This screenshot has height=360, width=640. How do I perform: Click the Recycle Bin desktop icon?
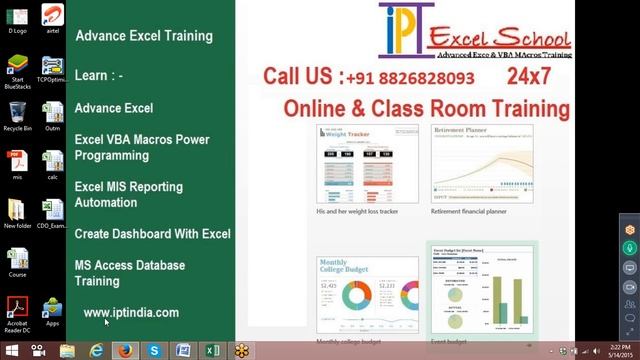(17, 114)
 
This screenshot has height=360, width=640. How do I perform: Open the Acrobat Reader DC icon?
(17, 308)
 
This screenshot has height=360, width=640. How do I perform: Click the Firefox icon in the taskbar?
(126, 351)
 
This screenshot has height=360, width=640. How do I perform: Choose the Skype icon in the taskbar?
(155, 351)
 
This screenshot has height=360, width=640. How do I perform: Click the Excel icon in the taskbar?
(212, 351)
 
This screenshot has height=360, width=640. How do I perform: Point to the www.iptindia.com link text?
(131, 313)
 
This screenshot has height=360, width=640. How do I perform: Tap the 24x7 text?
(530, 76)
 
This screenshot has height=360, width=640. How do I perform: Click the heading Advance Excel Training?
(144, 37)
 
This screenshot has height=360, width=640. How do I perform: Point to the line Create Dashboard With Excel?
(153, 234)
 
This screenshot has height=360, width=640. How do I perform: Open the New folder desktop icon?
(17, 211)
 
